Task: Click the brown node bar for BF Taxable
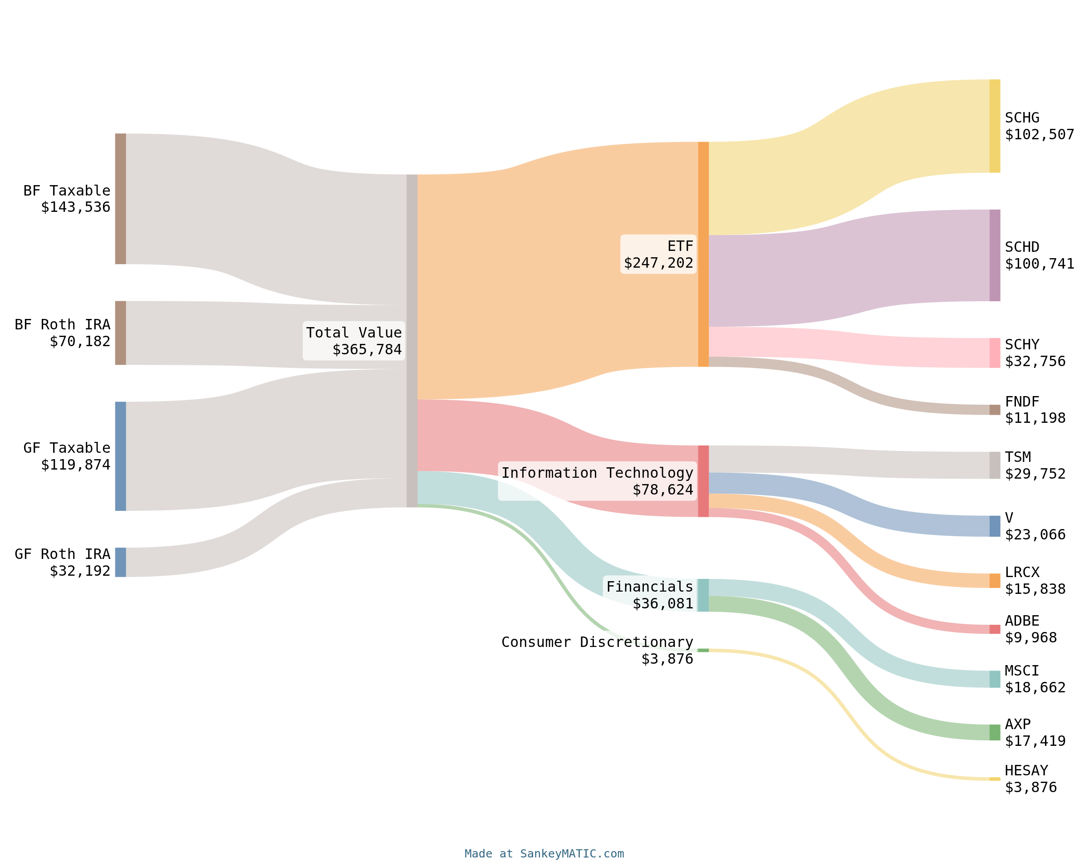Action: (120, 198)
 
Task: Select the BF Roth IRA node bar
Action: (120, 333)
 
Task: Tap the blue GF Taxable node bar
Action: (120, 456)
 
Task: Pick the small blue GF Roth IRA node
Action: (120, 562)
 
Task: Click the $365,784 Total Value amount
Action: (367, 349)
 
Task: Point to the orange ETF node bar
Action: (703, 254)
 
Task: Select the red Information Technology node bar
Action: (703, 481)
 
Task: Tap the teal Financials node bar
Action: (703, 595)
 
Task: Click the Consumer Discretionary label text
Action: (597, 642)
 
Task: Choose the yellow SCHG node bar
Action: (994, 126)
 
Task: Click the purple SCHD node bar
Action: (994, 255)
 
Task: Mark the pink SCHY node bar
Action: (994, 353)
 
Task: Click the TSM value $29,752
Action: (1035, 474)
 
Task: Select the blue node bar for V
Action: (994, 526)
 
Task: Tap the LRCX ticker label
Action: (1022, 572)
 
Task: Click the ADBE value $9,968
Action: (1030, 637)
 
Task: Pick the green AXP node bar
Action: (994, 732)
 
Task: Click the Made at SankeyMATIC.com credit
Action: (544, 853)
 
